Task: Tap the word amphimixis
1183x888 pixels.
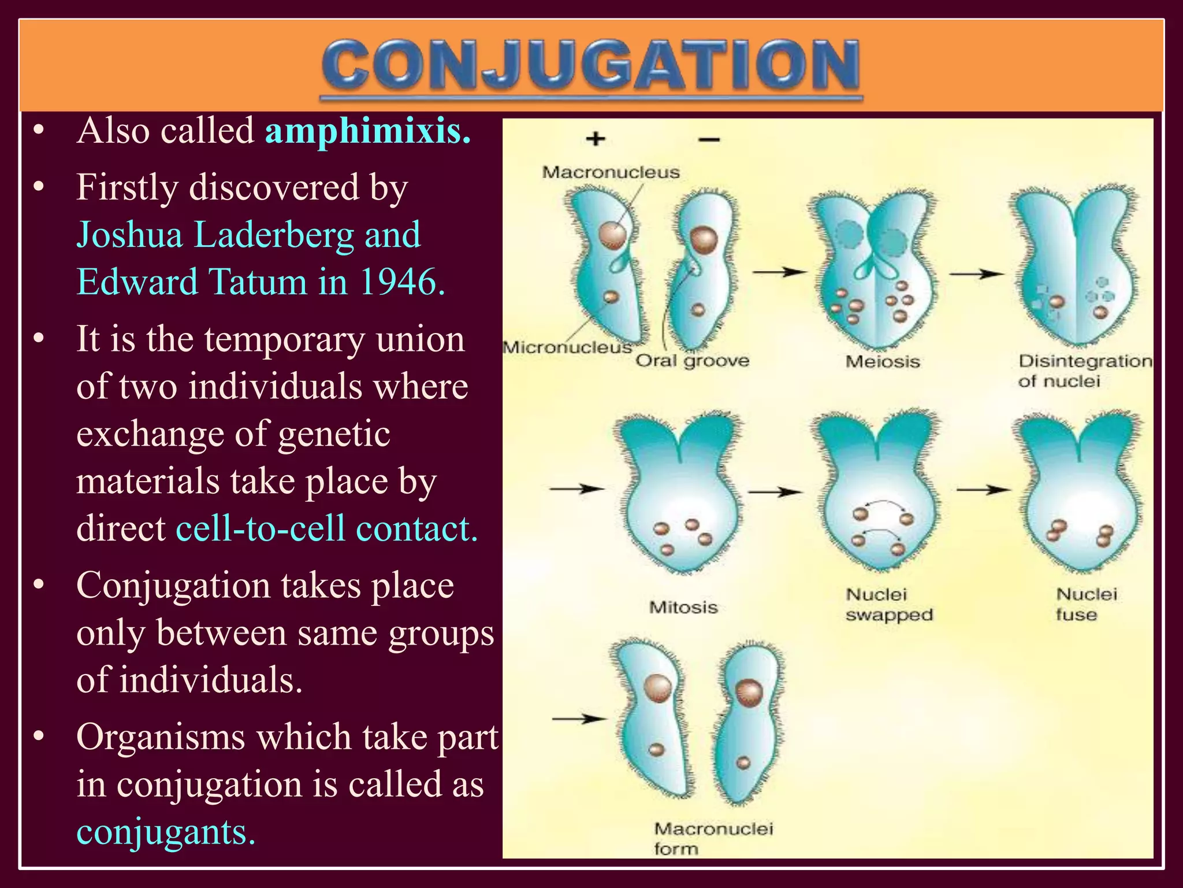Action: tap(367, 131)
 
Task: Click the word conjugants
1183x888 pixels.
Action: tap(166, 832)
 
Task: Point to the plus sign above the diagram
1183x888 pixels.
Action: tap(596, 139)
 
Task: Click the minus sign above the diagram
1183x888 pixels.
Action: tap(709, 139)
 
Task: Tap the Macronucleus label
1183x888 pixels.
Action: tap(611, 172)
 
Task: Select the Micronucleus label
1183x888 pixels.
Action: tap(567, 347)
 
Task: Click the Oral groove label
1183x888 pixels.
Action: tap(692, 361)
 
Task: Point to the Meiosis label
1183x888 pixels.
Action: tap(882, 362)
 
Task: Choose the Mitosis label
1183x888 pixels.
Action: tap(683, 607)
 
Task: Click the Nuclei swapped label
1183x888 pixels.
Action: tap(888, 604)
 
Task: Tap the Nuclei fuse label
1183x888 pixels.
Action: tap(1086, 604)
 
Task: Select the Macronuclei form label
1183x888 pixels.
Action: tap(713, 838)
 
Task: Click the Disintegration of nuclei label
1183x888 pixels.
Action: tap(1084, 371)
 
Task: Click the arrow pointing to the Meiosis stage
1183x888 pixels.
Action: tap(779, 272)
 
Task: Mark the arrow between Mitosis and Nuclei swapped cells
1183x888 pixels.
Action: tap(775, 492)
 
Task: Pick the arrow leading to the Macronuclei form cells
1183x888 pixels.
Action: tap(579, 719)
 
